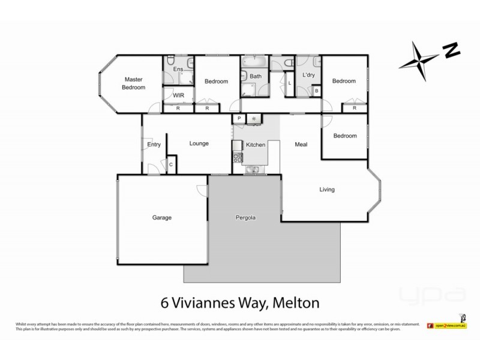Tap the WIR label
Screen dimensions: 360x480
coord(178,95)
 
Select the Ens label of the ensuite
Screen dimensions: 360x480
coord(178,70)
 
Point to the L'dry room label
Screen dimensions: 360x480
coord(309,75)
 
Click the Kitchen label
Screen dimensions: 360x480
coord(256,146)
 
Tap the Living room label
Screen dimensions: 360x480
coord(326,190)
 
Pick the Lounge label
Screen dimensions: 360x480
coord(199,143)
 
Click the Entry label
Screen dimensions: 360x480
coord(154,144)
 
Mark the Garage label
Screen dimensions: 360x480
coord(162,217)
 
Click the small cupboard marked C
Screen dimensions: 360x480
coord(170,164)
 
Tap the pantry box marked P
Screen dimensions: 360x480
coord(239,119)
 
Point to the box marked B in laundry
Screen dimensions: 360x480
coord(317,91)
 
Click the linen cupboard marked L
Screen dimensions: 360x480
coord(290,83)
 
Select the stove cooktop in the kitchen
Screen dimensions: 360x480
coord(237,158)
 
